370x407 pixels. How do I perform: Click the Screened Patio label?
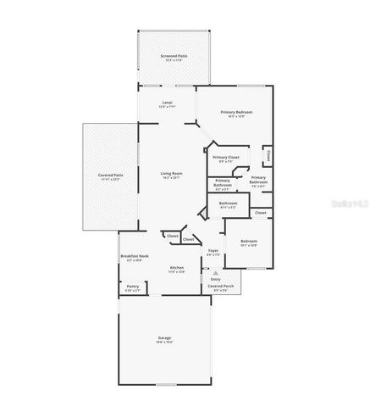(174, 56)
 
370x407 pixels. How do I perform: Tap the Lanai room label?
(168, 103)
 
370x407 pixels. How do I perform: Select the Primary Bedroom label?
(237, 113)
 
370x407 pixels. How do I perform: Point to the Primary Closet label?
(226, 158)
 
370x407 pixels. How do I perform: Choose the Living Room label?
(172, 174)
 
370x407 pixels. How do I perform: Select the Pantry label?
(133, 287)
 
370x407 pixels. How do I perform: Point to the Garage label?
(164, 338)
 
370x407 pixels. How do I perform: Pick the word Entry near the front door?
(215, 278)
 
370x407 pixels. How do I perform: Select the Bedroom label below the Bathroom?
(248, 242)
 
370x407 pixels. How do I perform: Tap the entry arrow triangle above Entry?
(215, 272)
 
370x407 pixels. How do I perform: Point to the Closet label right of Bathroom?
(261, 212)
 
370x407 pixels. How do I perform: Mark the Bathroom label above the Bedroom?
(228, 203)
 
